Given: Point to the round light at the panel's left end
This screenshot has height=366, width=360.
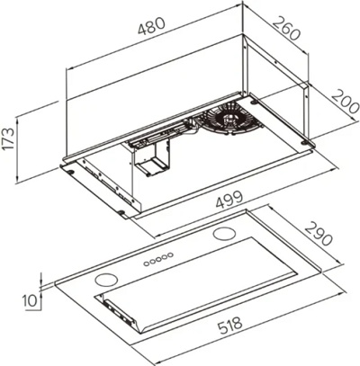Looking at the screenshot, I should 110,275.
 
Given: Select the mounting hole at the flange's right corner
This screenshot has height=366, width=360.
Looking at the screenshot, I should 310,143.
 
